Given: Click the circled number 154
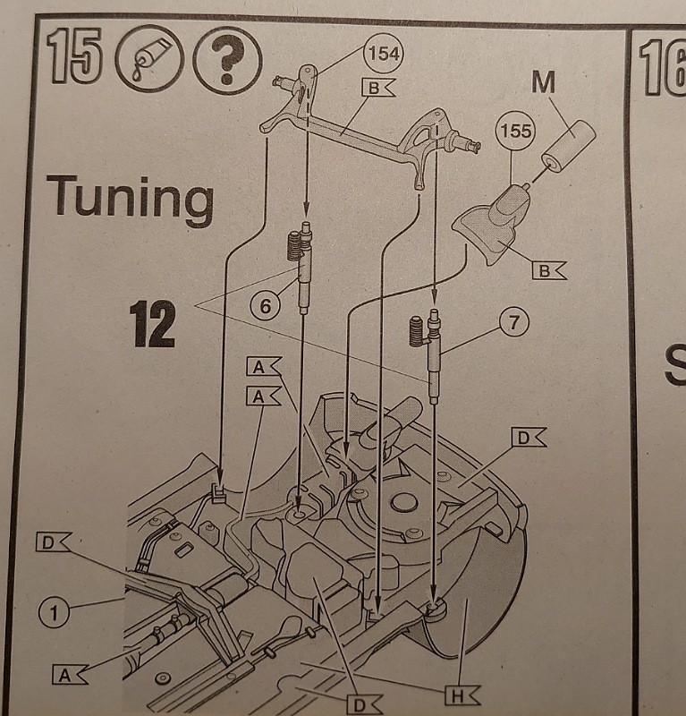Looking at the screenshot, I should pyautogui.click(x=385, y=55).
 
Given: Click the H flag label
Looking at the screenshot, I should pyautogui.click(x=462, y=692).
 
